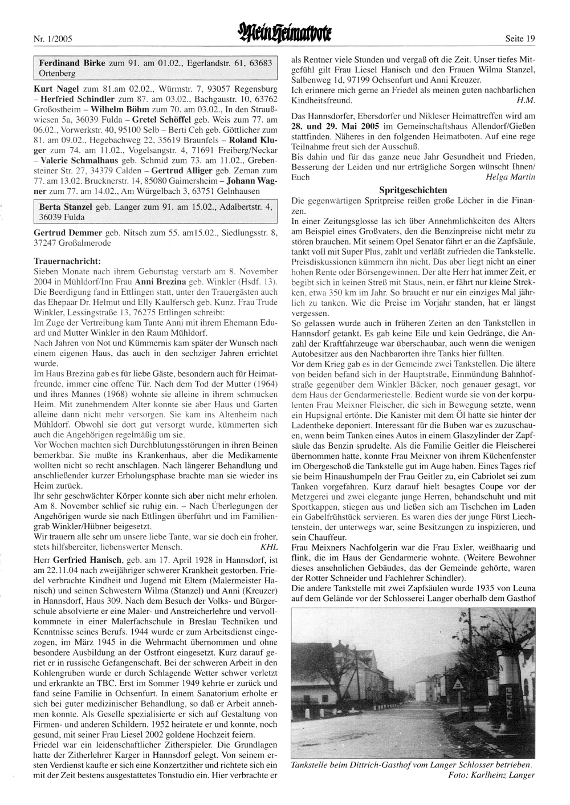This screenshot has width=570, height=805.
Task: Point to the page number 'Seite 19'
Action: click(x=520, y=39)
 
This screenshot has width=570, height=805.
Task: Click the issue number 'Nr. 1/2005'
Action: click(x=49, y=39)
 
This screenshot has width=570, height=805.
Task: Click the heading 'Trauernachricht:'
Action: click(x=68, y=261)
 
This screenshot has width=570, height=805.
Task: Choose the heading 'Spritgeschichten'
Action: click(x=413, y=189)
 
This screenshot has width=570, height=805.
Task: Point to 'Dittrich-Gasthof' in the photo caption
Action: click(x=376, y=765)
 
